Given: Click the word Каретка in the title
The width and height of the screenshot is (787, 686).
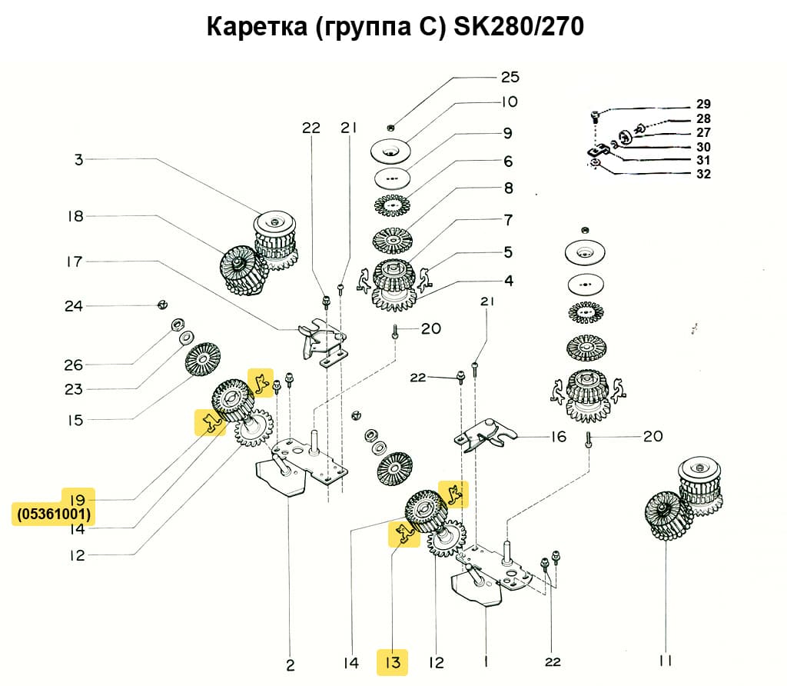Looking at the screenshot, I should [x=254, y=27].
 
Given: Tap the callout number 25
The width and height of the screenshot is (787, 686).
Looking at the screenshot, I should [x=510, y=77].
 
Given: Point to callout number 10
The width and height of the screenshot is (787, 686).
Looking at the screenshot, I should [x=510, y=102].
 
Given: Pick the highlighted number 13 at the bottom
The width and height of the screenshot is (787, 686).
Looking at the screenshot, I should [x=393, y=661].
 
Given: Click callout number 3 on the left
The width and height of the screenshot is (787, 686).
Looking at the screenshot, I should [x=78, y=160].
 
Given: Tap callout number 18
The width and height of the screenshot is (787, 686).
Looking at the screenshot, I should [x=75, y=216].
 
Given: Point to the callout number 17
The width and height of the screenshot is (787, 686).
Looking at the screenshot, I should [x=74, y=261].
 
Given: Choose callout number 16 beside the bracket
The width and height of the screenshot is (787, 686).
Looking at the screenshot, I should [x=558, y=437].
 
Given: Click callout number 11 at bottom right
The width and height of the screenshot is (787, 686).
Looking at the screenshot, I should [x=665, y=661].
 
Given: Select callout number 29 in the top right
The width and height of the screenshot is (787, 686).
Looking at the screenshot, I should [x=703, y=104].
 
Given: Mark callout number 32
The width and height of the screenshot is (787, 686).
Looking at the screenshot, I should [x=703, y=174].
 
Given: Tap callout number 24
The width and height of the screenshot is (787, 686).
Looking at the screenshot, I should [x=74, y=306].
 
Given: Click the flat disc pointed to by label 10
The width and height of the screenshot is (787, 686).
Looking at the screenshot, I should [x=393, y=151].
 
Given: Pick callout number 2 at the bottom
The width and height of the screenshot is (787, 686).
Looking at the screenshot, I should [x=290, y=664].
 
